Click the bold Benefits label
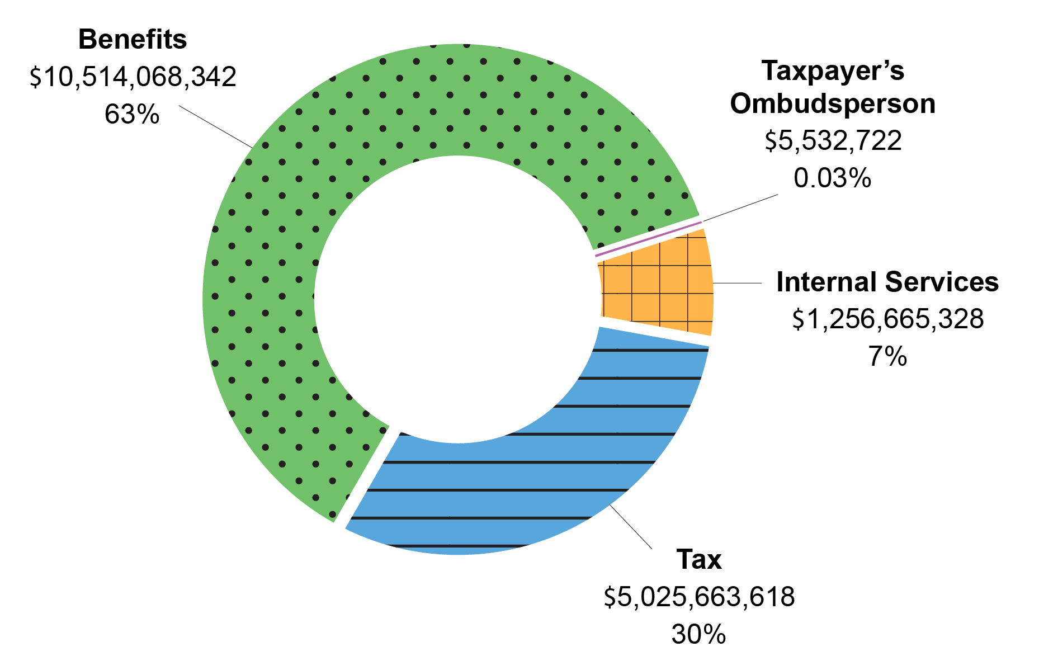(133, 40)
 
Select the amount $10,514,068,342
(133, 77)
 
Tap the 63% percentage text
(132, 115)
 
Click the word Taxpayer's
(832, 71)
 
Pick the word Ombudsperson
(832, 104)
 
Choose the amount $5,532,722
(833, 141)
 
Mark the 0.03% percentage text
(832, 178)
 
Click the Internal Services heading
(887, 282)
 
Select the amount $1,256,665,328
(887, 319)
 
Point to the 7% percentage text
(887, 357)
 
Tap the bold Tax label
(698, 560)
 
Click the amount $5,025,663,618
(699, 597)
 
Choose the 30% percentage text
(698, 635)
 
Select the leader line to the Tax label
(631, 526)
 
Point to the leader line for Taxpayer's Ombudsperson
(740, 208)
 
